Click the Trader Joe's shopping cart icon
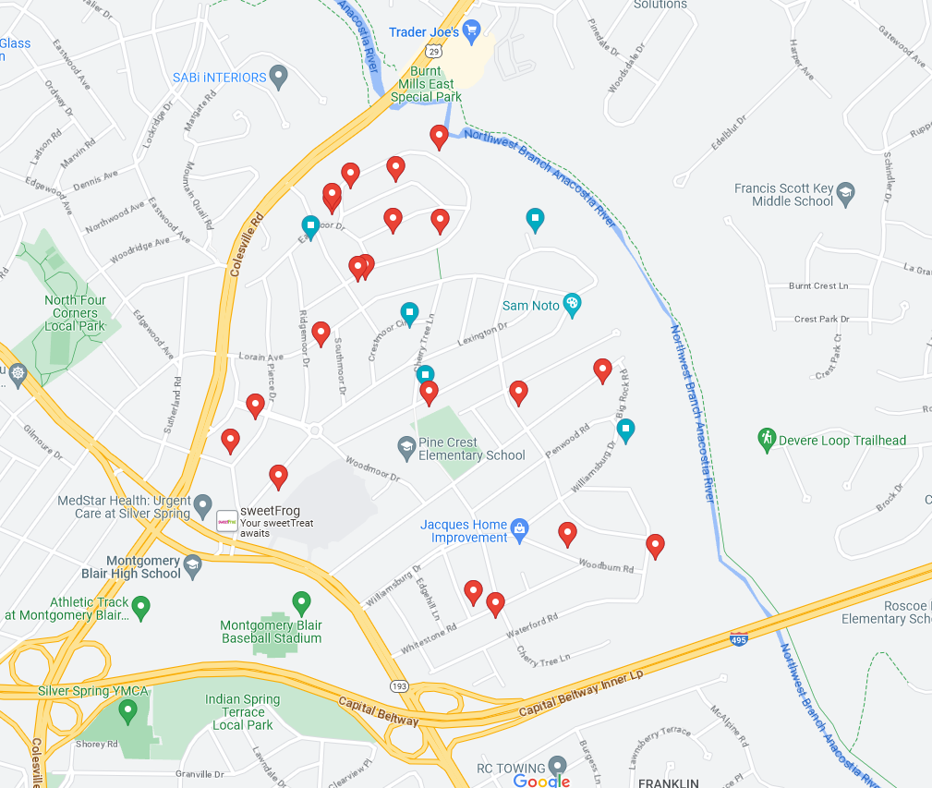[x=471, y=31]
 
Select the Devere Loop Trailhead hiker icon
[x=766, y=440]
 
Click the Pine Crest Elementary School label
[x=471, y=449]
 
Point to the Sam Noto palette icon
[x=572, y=305]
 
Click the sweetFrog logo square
[x=226, y=522]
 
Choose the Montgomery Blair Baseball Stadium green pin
[x=300, y=603]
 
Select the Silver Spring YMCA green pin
[x=128, y=710]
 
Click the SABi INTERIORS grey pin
[x=279, y=78]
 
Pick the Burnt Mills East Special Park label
[x=426, y=84]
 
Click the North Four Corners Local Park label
[x=75, y=313]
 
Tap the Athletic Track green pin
[x=140, y=607]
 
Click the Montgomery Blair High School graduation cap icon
[x=192, y=565]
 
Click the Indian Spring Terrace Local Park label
[x=243, y=712]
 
